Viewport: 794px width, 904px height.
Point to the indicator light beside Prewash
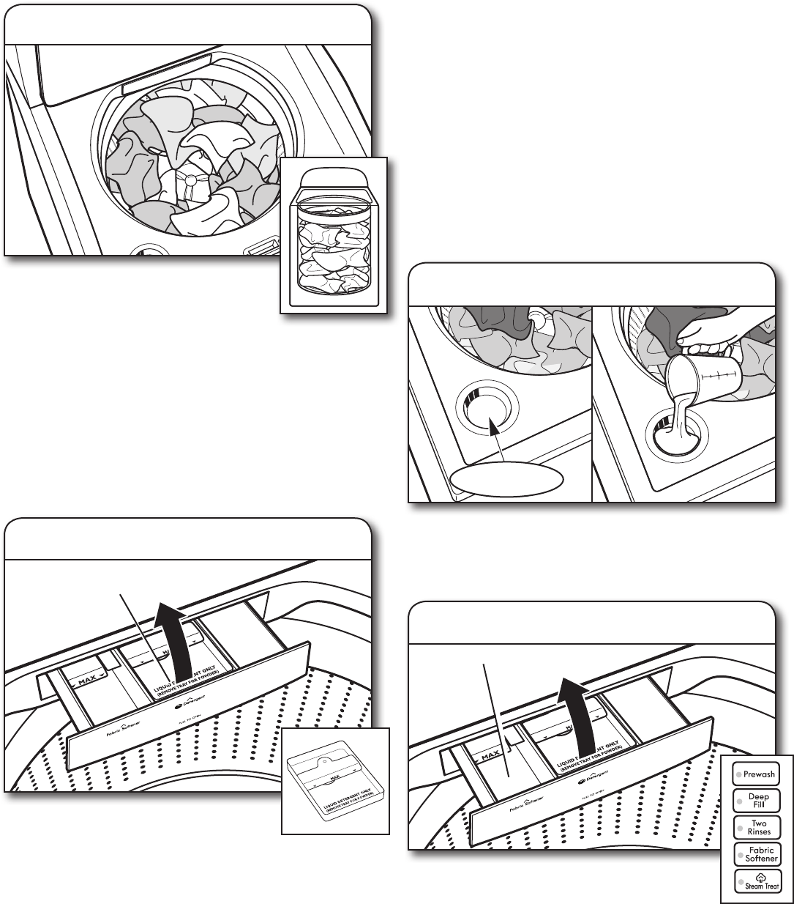coord(739,774)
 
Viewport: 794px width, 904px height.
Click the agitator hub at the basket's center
coord(192,179)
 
